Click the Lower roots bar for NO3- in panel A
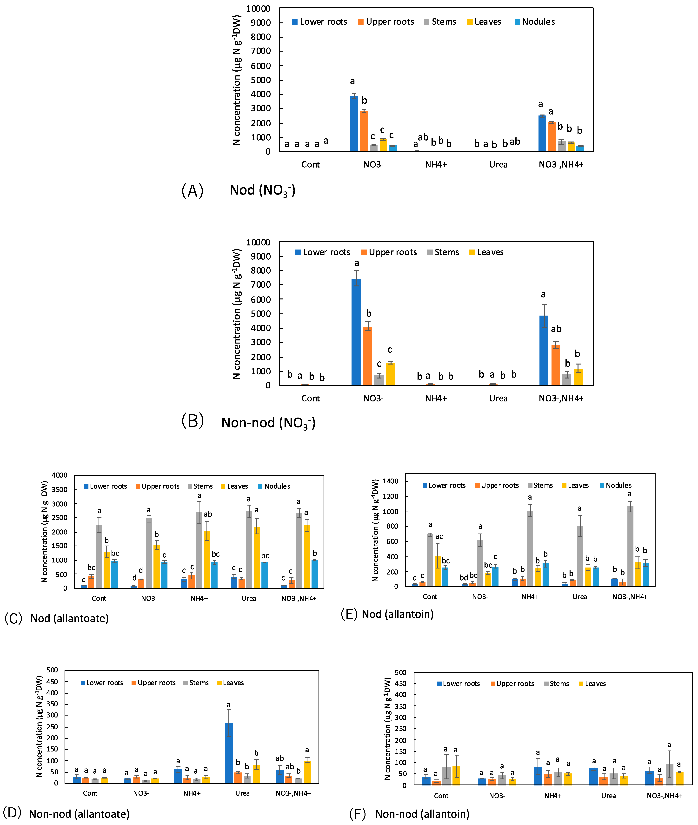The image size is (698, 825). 354,123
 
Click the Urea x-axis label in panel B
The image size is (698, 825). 498,398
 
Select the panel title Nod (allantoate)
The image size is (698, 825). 70,618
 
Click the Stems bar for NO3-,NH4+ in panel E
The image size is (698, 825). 630,546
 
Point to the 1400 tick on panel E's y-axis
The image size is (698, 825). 391,481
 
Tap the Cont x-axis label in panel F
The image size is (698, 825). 441,796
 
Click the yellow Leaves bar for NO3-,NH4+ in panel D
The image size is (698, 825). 307,771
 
